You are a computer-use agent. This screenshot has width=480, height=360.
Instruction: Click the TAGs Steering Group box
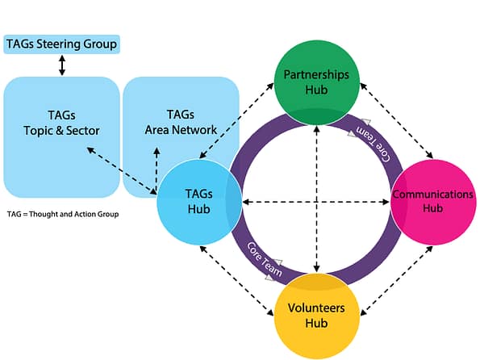(x=61, y=44)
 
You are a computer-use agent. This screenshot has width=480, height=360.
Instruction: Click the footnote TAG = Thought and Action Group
(x=62, y=215)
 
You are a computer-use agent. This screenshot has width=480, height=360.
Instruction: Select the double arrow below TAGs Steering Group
(x=61, y=65)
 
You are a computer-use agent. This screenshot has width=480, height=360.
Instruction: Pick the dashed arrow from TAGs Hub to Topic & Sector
(x=121, y=170)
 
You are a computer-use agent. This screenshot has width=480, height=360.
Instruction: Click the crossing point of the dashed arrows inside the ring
(x=316, y=201)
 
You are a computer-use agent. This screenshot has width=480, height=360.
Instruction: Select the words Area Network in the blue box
(x=181, y=129)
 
